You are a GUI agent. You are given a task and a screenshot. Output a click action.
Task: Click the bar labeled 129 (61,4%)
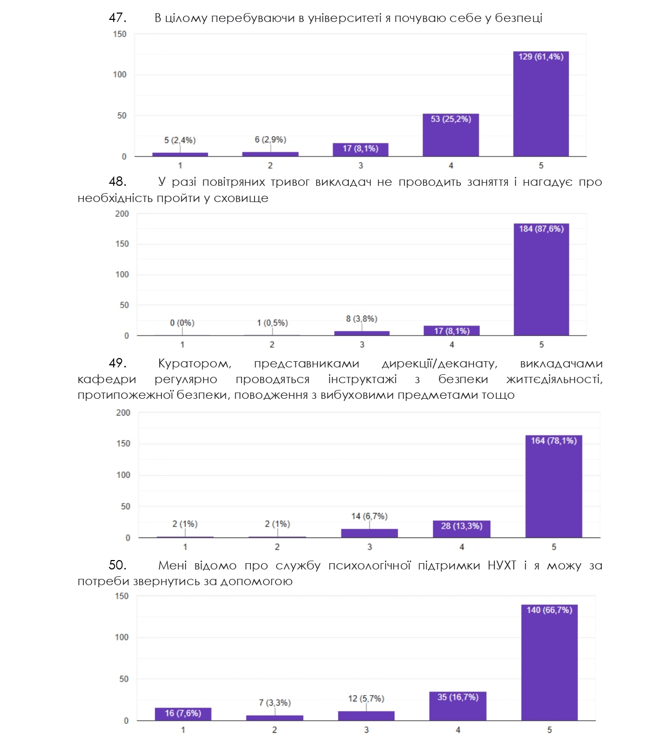click(541, 105)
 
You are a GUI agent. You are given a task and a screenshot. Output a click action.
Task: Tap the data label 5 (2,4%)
click(180, 140)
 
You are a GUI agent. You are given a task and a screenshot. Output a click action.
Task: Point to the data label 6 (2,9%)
click(270, 140)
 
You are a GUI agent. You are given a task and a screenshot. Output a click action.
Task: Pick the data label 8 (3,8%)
click(361, 319)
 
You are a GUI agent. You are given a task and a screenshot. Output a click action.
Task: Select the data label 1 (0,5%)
click(272, 323)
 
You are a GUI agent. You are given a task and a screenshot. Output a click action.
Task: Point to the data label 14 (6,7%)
click(369, 517)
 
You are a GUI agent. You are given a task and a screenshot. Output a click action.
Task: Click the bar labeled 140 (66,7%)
click(549, 665)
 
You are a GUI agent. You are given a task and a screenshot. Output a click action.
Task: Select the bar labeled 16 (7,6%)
click(183, 714)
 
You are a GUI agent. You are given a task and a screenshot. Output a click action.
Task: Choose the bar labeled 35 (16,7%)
click(458, 707)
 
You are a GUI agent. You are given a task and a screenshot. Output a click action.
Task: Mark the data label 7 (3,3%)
click(274, 703)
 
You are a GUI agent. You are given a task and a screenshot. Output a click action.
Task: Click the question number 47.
click(117, 18)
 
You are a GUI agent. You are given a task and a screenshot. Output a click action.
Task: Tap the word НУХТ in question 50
click(502, 566)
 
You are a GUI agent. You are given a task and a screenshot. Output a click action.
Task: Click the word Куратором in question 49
click(194, 364)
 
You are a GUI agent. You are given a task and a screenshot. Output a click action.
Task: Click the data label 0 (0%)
click(182, 323)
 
